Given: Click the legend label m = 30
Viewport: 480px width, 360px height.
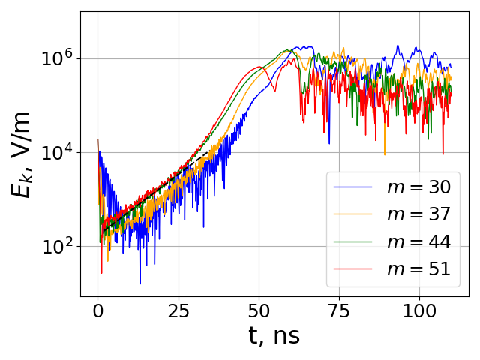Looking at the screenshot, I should click(x=418, y=187).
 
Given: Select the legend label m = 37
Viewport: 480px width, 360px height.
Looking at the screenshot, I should click(x=418, y=214).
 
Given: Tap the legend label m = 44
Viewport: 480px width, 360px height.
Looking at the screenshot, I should click(x=418, y=241).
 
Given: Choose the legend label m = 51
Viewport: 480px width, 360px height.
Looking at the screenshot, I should click(x=418, y=269).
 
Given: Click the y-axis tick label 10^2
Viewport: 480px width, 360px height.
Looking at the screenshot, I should click(x=58, y=246).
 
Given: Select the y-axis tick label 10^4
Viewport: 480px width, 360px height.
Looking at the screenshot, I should click(x=58, y=153).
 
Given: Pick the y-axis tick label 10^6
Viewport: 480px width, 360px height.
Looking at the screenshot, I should click(x=58, y=59).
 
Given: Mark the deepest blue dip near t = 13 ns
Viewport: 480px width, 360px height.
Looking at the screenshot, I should click(x=139, y=283).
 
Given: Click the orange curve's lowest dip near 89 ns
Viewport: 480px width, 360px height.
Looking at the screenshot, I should click(x=385, y=154).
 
